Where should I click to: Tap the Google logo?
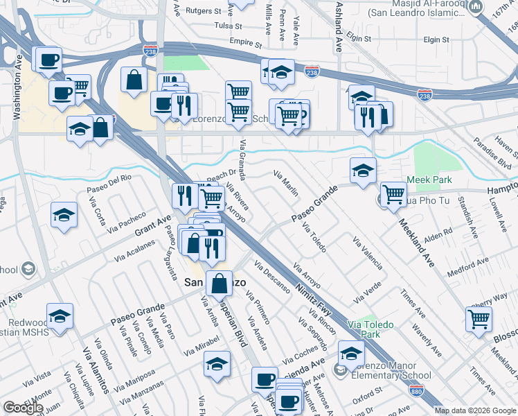[x=23, y=407]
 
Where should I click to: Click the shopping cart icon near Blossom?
[x=479, y=319]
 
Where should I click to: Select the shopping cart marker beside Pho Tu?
[x=393, y=195]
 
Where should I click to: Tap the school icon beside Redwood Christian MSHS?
[x=60, y=315]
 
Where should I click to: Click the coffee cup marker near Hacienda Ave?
[x=264, y=379]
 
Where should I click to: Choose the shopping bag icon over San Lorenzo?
[x=220, y=283]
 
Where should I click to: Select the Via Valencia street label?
[x=368, y=253]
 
